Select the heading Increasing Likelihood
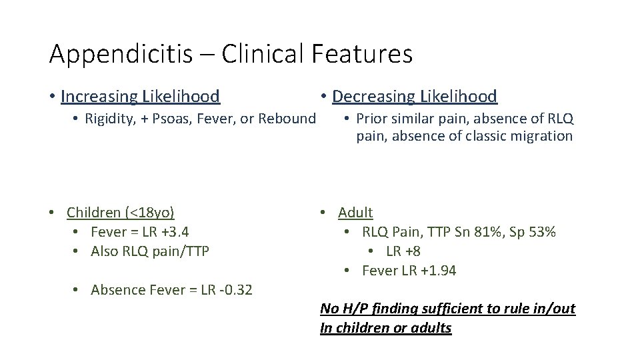click(140, 97)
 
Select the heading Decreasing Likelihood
click(414, 97)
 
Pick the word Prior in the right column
click(371, 119)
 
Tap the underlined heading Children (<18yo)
click(121, 213)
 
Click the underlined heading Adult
click(355, 213)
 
